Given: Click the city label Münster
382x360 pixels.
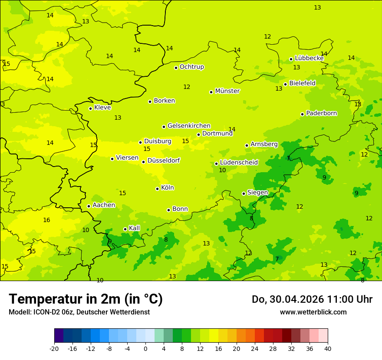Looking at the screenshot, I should tap(227, 91).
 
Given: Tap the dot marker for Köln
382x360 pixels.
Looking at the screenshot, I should tap(157, 189).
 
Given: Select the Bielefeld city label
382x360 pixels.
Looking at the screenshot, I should tap(302, 83).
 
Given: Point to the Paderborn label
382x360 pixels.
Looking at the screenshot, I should tap(321, 113).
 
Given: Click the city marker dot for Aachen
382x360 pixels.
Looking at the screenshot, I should tap(89, 206).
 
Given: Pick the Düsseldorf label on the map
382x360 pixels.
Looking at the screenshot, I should tap(163, 160).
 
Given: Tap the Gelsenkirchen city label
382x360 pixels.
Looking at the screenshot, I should tap(189, 126).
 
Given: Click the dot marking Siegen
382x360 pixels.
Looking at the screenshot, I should tap(244, 193).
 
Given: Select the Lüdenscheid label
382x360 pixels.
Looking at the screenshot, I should tap(239, 163).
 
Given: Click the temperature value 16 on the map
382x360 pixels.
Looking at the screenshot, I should tap(46, 220).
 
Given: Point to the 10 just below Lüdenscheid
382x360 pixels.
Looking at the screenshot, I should tap(222, 170).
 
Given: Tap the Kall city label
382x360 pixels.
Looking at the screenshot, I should tap(134, 228).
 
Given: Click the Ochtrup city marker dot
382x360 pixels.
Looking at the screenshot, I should tap(176, 68).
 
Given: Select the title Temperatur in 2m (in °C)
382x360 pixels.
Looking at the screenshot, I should tap(86, 299).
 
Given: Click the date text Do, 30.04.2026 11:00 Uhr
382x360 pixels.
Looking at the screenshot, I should tap(312, 299).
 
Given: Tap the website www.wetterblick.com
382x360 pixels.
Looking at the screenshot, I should tap(313, 312).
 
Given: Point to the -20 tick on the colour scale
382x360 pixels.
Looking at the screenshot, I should tap(54, 348).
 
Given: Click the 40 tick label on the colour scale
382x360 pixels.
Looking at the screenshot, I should tap(328, 348).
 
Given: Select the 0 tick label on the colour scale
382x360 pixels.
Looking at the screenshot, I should tap(145, 348).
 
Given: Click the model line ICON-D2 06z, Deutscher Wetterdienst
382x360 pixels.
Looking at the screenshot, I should tap(79, 312).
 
